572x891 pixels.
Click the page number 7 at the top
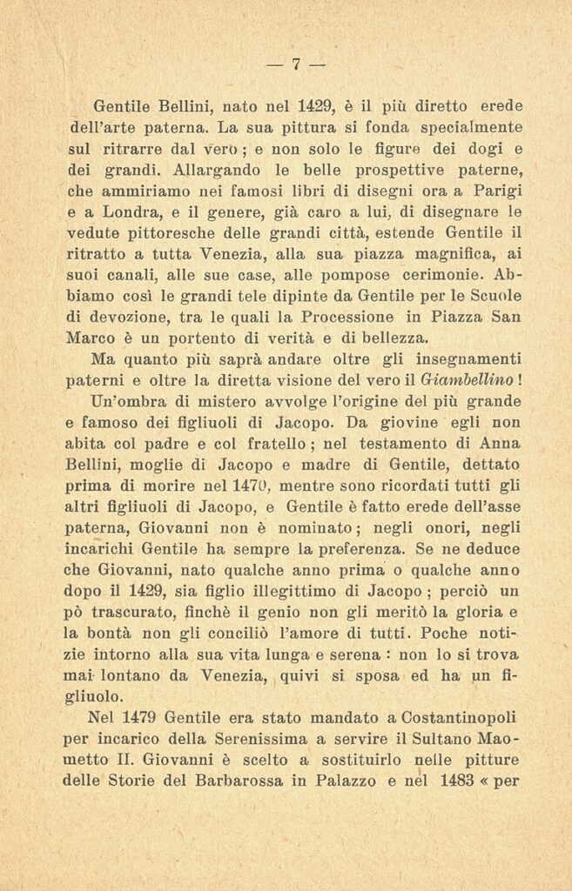[x=295, y=64]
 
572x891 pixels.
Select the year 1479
[x=150, y=717]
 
